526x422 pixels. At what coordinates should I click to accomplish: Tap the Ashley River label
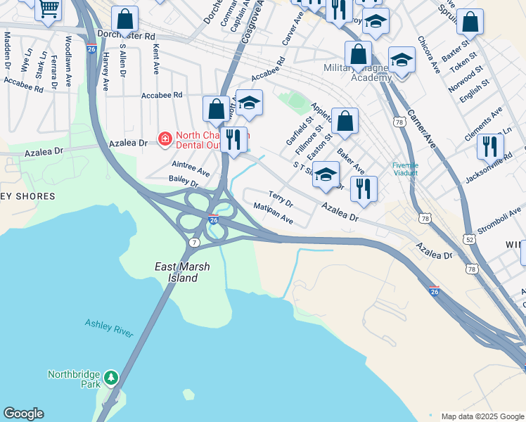coord(109,328)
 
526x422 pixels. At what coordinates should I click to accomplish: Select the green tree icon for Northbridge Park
coord(111,378)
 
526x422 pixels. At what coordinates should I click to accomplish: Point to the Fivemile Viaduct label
coord(405,170)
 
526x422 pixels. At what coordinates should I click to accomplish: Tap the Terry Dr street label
coord(281,198)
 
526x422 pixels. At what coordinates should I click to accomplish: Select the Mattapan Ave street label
coord(274,214)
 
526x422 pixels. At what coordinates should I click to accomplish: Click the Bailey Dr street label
coord(184,181)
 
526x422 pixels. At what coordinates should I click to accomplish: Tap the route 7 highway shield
coord(194,242)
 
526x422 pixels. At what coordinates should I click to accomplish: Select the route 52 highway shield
coord(469,239)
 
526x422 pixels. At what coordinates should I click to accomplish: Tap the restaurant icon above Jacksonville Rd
coord(489,146)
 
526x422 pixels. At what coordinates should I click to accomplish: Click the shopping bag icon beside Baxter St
coord(470,22)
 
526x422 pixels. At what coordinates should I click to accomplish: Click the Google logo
coord(23,414)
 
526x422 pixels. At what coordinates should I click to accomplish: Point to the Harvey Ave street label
coord(105,71)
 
